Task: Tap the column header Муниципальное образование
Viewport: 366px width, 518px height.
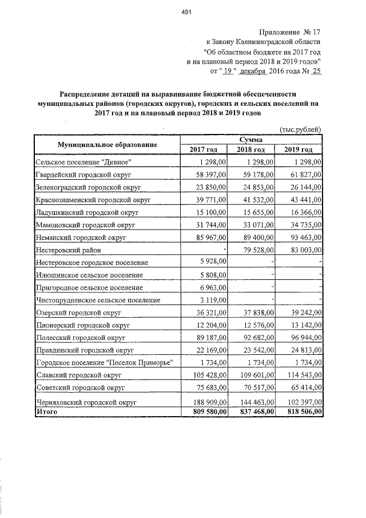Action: [x=107, y=145]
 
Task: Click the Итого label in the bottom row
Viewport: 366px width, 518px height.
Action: [x=46, y=411]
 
